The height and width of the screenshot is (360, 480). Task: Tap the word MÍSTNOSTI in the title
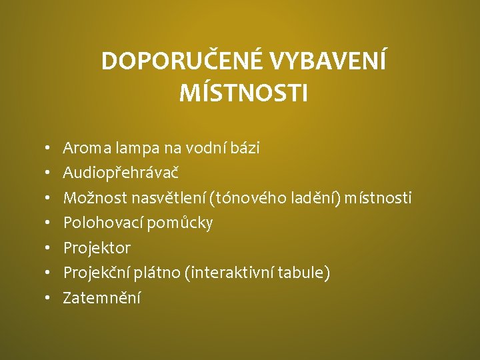pos(243,93)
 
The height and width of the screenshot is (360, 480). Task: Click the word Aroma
pos(85,148)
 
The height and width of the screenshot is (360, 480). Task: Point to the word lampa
pos(134,148)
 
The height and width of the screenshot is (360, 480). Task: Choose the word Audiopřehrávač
pos(121,173)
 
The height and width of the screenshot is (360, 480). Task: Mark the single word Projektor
pos(97,248)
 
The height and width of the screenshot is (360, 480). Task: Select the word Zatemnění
pos(101,298)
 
